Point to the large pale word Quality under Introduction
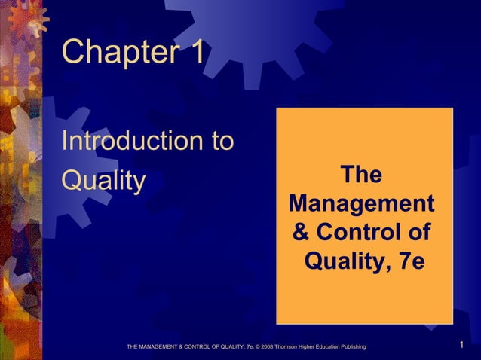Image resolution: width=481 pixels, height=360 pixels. [x=103, y=181]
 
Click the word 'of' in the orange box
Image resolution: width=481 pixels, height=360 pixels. [x=417, y=233]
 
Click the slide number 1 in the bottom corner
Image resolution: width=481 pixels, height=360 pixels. [x=461, y=346]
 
